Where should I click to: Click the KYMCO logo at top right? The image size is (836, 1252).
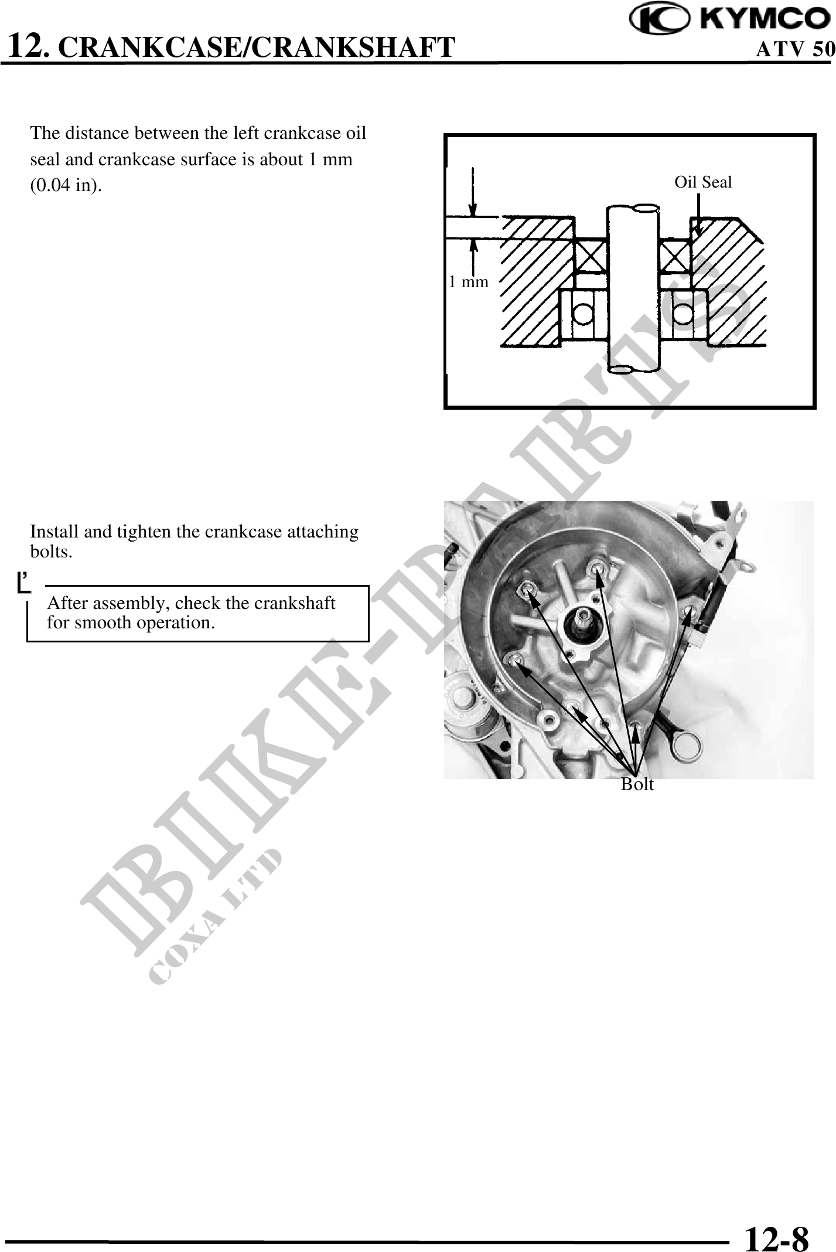coord(730,19)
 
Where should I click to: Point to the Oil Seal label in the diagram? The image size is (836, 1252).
coord(703,182)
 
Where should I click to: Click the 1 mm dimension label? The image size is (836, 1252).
coord(468,282)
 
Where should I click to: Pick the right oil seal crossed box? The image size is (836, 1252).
coord(675,256)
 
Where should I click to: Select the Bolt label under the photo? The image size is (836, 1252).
coord(637,784)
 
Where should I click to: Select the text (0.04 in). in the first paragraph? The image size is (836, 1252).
coord(66,186)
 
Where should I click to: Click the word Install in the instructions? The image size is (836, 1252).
coord(55,532)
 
